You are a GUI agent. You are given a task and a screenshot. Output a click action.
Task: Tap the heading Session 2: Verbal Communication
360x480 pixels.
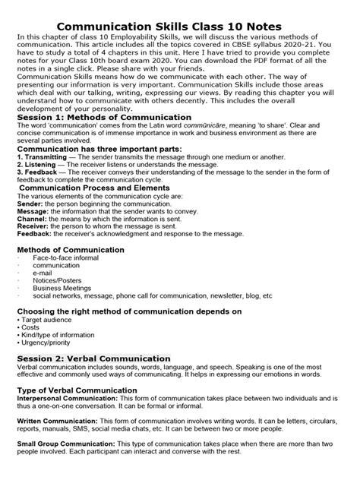tap(93, 358)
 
